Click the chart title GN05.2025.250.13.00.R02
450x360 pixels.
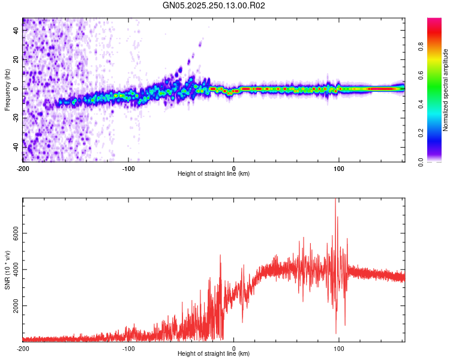pos(214,6)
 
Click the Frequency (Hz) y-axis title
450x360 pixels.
pos(7,90)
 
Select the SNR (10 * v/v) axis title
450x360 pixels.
pos(7,270)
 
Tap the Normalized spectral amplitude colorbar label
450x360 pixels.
pos(446,90)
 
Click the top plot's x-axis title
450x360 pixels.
pos(214,173)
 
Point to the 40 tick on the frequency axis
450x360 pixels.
pos(16,31)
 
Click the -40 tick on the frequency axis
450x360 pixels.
pos(14,147)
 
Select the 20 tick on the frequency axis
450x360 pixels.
pos(16,60)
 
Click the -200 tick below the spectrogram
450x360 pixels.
pos(23,167)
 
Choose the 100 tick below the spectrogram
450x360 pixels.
pos(339,167)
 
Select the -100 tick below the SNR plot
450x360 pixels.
pos(128,347)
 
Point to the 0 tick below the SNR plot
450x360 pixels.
pos(234,347)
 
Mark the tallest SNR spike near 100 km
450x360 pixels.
pos(335,200)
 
